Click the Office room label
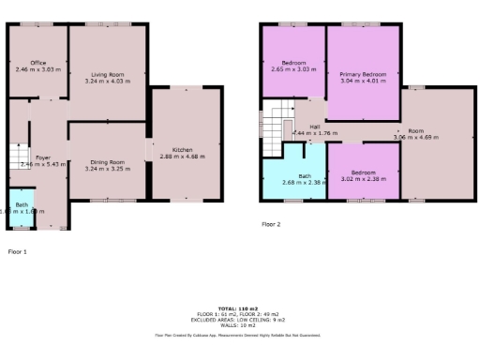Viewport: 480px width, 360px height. pos(38,63)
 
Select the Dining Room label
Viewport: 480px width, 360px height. pos(108,161)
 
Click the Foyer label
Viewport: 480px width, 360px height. pos(42,157)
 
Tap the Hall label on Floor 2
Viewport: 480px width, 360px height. pos(315,127)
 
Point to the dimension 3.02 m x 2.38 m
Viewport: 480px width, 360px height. pos(363,177)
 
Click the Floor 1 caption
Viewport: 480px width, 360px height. pos(18,252)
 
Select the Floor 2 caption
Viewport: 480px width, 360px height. pos(271,224)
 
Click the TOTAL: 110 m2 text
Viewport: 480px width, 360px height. pos(238,307)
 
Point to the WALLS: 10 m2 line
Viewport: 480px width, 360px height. pos(238,324)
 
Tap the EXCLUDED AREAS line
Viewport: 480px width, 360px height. pos(238,319)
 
